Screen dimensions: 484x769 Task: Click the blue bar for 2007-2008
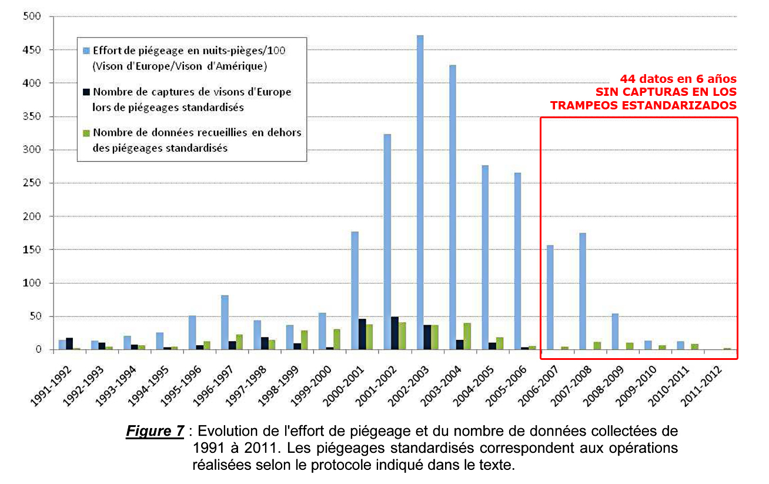[583, 291]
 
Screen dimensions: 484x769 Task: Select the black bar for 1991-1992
[69, 344]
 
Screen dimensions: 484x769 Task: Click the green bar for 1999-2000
[336, 339]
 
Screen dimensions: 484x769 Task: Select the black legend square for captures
[86, 92]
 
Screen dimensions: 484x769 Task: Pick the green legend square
[86, 133]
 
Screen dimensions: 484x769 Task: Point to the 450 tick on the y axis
[47, 50]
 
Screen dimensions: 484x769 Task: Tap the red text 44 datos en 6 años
[678, 79]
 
